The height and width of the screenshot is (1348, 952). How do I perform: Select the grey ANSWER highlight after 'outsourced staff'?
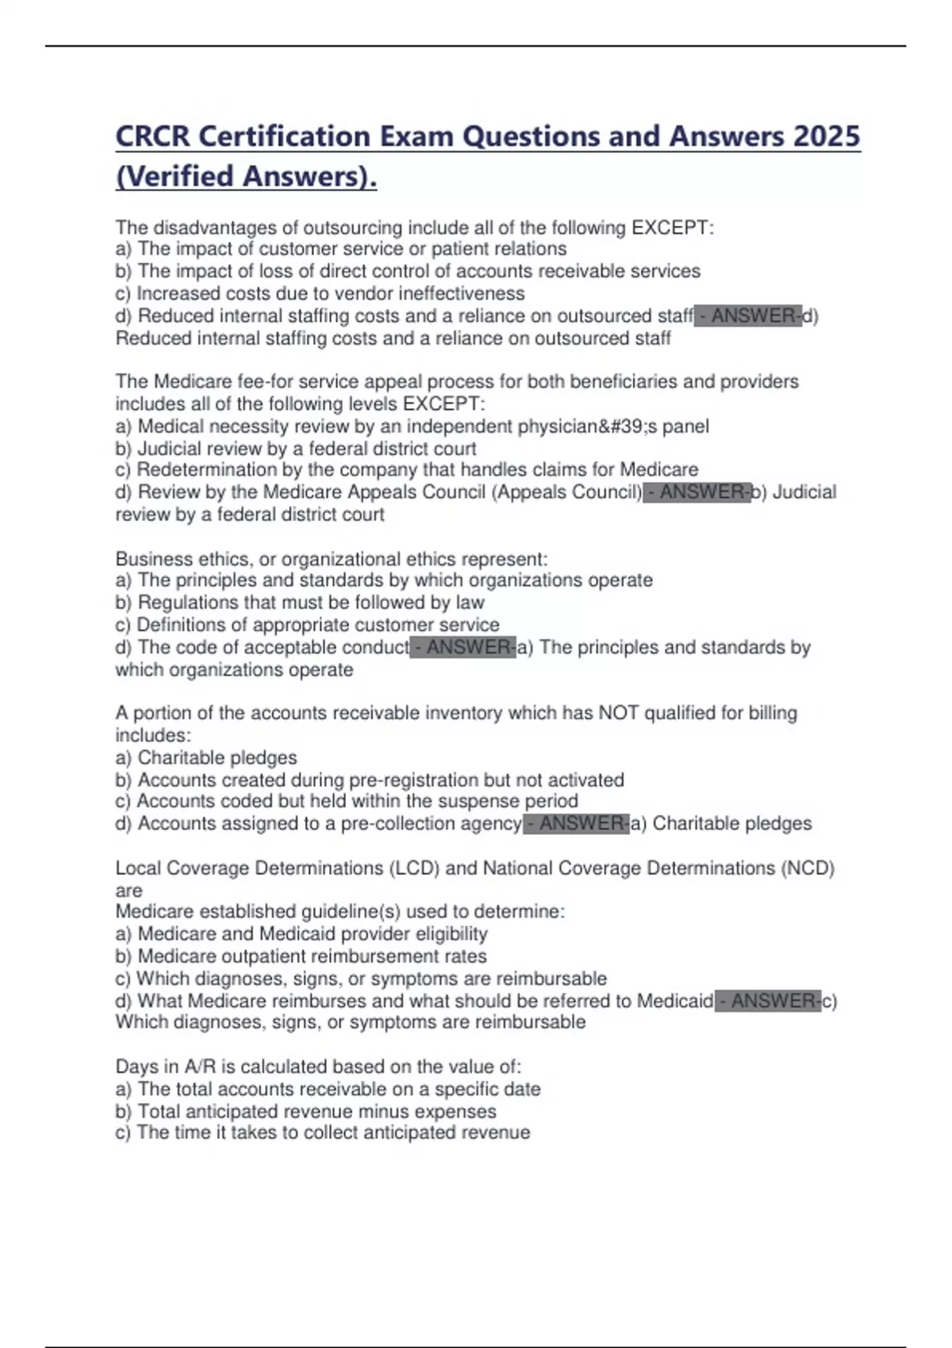click(748, 316)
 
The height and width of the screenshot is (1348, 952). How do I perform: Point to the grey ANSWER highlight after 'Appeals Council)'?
click(697, 492)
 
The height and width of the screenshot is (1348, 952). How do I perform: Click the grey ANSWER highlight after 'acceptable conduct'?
click(463, 647)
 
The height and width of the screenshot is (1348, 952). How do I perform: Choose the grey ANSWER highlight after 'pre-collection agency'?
click(577, 823)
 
